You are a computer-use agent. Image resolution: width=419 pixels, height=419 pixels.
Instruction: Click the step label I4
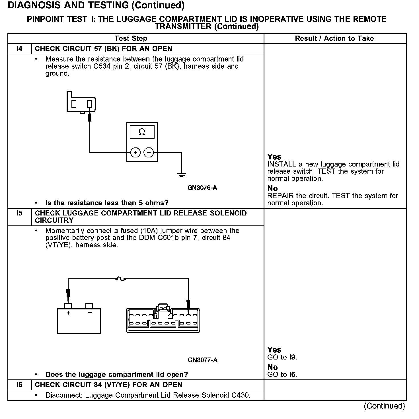[19, 49]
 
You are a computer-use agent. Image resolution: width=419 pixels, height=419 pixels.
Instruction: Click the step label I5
[19, 213]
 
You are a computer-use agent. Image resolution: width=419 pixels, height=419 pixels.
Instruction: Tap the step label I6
[19, 385]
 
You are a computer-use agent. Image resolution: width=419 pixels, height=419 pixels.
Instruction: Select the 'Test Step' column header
[131, 38]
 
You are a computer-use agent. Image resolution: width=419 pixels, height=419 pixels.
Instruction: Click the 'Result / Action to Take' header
[334, 38]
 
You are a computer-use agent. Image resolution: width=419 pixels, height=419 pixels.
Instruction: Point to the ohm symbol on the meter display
[142, 132]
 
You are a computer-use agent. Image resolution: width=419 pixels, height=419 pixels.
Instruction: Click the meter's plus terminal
[135, 153]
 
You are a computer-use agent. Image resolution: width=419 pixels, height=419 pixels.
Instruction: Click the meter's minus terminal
[149, 153]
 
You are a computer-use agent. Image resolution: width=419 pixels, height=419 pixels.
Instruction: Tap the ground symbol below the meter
[181, 175]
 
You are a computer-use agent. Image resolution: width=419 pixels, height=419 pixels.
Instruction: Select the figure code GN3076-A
[202, 188]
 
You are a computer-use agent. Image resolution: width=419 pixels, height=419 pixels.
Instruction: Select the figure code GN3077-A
[203, 360]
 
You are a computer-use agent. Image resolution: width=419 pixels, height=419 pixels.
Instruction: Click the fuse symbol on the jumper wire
[121, 279]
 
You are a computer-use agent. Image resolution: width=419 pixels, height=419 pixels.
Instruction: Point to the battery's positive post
[68, 306]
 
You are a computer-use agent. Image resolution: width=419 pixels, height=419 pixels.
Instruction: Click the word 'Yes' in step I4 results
[274, 157]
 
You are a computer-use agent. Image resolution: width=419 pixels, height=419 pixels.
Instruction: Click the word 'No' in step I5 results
[272, 367]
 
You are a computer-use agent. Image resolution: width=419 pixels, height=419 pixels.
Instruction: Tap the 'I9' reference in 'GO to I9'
[293, 357]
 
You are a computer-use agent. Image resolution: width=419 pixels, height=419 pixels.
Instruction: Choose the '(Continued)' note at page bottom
[384, 406]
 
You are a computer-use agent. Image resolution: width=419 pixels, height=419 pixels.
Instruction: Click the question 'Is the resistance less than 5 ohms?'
[107, 203]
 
